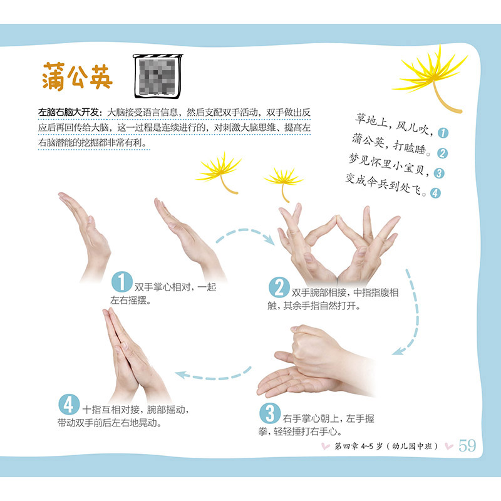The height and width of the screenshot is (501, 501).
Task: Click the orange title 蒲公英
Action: tap(77, 76)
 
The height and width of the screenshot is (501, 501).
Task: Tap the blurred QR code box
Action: tap(158, 76)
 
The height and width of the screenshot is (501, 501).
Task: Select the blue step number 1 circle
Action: tap(121, 281)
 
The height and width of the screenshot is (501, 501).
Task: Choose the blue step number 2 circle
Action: tap(279, 287)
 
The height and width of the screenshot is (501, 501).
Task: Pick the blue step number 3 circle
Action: tap(270, 413)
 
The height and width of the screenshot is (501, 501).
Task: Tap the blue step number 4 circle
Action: tap(69, 404)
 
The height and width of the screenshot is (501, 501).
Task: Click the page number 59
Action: tap(467, 445)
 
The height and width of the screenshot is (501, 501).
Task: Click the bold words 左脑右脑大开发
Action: tap(68, 112)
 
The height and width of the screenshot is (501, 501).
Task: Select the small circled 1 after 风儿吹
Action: tap(443, 133)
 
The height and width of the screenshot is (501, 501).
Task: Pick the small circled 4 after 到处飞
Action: tap(435, 193)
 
